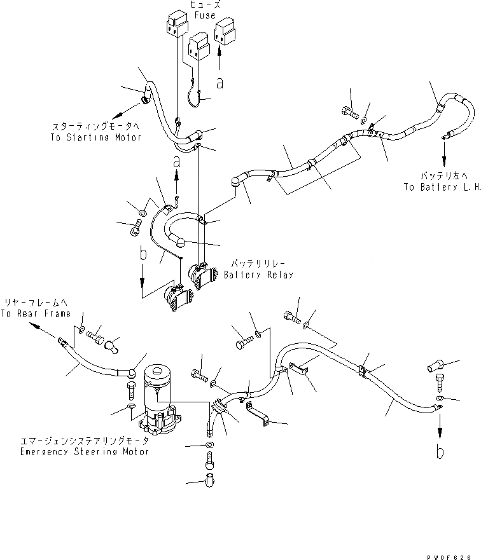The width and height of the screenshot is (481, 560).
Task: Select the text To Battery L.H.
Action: tap(442, 188)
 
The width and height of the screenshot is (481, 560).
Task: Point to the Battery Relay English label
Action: tap(258, 275)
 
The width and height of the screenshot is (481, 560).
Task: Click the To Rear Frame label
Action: tap(35, 314)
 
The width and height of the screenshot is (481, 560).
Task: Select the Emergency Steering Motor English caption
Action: tap(84, 452)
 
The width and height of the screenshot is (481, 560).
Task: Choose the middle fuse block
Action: tap(200, 48)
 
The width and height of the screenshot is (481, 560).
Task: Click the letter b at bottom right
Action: tap(439, 452)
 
